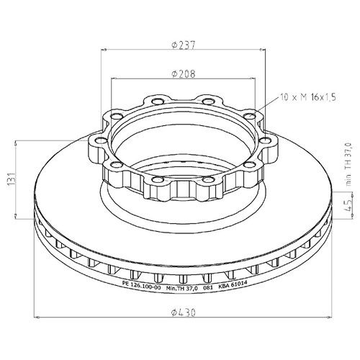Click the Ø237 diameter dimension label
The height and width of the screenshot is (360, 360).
pyautogui.click(x=184, y=45)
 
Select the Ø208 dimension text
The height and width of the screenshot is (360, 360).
pyautogui.click(x=184, y=74)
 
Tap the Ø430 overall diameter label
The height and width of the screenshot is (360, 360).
pyautogui.click(x=184, y=312)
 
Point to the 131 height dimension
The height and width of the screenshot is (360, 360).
pyautogui.click(x=12, y=179)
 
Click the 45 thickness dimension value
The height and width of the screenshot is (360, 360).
pyautogui.click(x=348, y=205)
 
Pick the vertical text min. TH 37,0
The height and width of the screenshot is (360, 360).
pyautogui.click(x=348, y=164)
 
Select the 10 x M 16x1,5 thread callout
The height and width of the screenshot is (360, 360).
pyautogui.click(x=308, y=97)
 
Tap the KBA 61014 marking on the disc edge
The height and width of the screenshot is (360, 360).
pyautogui.click(x=233, y=285)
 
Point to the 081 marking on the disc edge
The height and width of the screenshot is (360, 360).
pyautogui.click(x=208, y=287)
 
